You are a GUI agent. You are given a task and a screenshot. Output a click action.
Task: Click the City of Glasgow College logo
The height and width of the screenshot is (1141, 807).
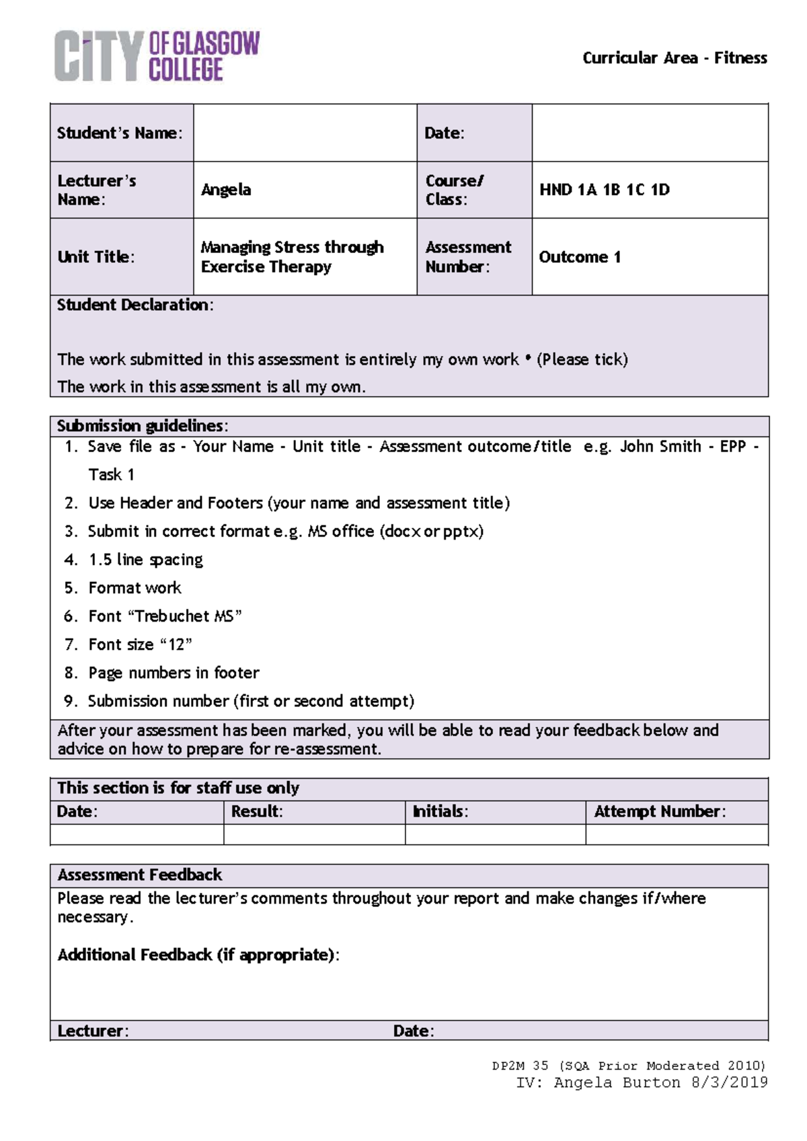coord(157,56)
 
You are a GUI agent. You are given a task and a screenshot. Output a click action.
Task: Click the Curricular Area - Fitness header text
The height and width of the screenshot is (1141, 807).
coord(674,58)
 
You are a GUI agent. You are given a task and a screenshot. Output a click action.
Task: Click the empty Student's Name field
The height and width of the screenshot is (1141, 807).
coord(305,133)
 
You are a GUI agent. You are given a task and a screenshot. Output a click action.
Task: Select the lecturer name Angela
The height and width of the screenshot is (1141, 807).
coord(226,190)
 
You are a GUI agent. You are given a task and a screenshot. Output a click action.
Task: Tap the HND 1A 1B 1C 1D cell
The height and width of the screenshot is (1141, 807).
coord(604,190)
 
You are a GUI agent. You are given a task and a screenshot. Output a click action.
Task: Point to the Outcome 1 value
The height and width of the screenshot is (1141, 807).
coord(580,257)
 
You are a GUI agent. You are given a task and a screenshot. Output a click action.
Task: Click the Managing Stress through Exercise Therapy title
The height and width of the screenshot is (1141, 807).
coord(291,257)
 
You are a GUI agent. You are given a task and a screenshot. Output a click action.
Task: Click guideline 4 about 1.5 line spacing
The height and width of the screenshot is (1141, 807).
coord(145,560)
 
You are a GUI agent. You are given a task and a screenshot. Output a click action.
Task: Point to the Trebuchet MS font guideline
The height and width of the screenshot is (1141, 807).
coord(165,616)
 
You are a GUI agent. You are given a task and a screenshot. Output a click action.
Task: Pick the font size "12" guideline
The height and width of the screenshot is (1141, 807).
coord(140,645)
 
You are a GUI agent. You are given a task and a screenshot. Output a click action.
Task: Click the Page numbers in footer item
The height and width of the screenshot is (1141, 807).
coord(174,673)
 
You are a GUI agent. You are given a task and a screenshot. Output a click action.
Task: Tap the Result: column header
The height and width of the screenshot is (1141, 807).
coord(257,811)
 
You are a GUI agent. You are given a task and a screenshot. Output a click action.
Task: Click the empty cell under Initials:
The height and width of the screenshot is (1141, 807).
coord(495,834)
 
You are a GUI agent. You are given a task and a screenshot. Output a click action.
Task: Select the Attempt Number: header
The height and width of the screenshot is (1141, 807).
coord(659,811)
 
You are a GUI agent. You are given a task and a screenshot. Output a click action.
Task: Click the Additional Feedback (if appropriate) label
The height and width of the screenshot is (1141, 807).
coord(198,955)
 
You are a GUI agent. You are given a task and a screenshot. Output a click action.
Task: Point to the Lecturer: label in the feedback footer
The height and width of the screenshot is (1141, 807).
coord(93,1031)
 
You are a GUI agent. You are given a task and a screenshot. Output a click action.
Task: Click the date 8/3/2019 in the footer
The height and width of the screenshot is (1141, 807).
coord(729,1082)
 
